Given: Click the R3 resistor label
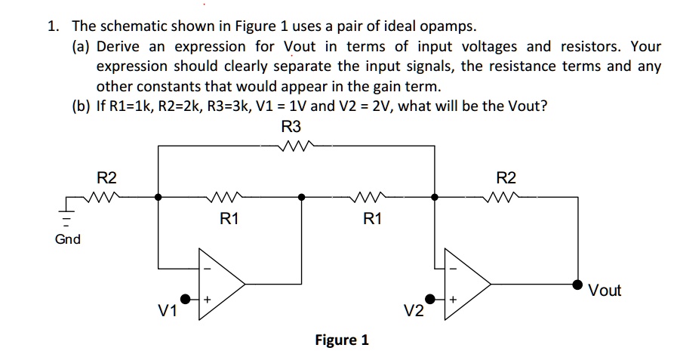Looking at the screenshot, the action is [x=291, y=127].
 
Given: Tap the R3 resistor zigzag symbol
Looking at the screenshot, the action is [x=296, y=146].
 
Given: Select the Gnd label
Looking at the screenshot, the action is [x=68, y=239].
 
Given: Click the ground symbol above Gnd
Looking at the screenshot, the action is [x=66, y=214].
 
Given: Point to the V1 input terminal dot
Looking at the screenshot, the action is [x=185, y=299].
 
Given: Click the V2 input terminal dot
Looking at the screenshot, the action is [x=429, y=299].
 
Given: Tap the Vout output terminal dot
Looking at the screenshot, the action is [x=577, y=285].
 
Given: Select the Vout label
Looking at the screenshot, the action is [x=605, y=290].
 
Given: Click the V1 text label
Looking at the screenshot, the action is [x=168, y=310].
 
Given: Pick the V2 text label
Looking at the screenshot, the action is [x=414, y=310].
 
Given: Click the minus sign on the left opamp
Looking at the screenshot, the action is [x=208, y=269].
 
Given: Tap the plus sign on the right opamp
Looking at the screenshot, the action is [x=453, y=300].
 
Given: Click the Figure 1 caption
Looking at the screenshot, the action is [x=342, y=340].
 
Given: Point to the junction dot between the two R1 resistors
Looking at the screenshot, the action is [x=301, y=197].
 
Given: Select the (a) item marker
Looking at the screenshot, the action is [x=81, y=47].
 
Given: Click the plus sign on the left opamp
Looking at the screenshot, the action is [x=208, y=300].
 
